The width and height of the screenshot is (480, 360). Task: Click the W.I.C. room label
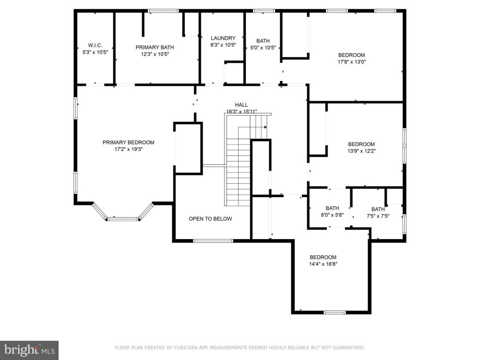(95, 45)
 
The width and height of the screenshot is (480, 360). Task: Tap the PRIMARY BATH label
(155, 47)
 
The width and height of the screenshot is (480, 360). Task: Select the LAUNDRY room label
(223, 38)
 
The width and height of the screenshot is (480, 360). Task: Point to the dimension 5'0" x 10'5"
(263, 48)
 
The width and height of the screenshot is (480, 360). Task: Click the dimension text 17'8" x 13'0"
(351, 61)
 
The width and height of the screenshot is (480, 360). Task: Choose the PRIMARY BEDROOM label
(128, 143)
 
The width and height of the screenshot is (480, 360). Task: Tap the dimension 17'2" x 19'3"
(128, 149)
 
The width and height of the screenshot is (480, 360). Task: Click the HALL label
(241, 105)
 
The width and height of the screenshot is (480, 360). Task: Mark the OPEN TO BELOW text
(210, 219)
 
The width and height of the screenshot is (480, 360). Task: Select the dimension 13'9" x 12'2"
(361, 150)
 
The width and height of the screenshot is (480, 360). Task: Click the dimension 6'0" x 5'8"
(332, 215)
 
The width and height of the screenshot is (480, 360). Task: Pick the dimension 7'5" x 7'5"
(378, 216)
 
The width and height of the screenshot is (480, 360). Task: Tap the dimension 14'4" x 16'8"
(323, 264)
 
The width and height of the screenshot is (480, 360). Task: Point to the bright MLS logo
(29, 350)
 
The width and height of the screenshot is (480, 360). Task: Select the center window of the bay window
(123, 219)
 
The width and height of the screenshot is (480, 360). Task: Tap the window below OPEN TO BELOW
(213, 240)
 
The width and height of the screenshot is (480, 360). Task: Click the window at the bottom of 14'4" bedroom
(335, 312)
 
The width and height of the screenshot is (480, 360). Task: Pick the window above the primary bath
(163, 11)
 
